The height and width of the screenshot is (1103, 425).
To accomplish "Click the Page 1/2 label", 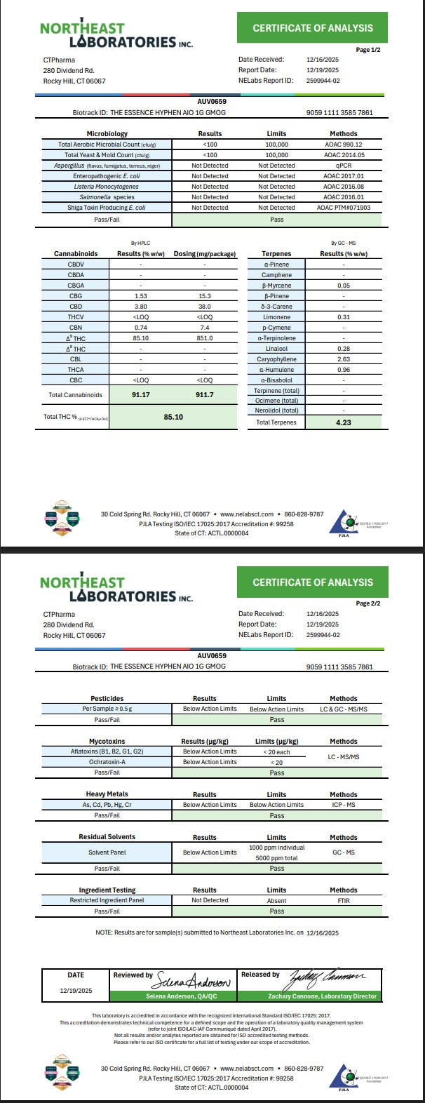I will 368,50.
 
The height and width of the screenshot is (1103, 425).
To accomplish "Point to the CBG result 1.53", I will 140,296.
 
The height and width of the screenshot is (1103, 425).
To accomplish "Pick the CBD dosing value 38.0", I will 204,307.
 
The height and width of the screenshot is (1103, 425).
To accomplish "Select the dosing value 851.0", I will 204,338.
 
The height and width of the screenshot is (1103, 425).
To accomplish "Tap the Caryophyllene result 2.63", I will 343,359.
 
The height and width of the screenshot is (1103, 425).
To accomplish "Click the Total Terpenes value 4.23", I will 342,422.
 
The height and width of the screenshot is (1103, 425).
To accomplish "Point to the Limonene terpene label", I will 277,317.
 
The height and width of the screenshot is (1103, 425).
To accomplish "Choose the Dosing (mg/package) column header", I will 204,253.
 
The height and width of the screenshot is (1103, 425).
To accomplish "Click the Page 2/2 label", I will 368,603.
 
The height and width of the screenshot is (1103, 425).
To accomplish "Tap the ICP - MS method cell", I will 343,805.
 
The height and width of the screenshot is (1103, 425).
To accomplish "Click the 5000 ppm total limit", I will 276,858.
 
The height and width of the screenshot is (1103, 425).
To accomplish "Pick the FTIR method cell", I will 343,900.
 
